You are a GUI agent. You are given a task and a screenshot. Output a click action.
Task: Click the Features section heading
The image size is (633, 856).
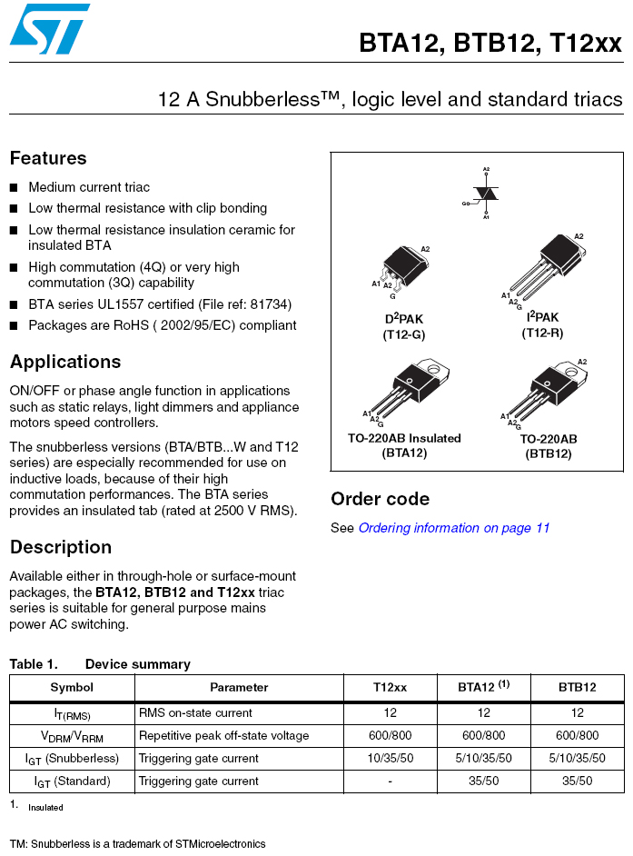coord(48,158)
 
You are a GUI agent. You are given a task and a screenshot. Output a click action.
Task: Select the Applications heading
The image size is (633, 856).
coord(65,362)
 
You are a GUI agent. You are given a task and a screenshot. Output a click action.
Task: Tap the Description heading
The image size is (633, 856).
coord(61,547)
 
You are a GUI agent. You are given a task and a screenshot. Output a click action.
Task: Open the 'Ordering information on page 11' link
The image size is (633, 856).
coord(454,528)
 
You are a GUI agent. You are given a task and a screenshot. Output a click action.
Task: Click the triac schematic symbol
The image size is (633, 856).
coord(486,194)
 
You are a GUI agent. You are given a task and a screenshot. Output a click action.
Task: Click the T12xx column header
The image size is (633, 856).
coord(391,688)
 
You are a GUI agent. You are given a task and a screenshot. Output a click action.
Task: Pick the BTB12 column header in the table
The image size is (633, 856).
coord(578,688)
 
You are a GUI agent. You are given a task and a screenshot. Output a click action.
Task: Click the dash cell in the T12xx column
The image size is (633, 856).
coord(391,781)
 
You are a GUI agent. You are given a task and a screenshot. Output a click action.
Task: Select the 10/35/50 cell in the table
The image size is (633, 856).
coord(391,759)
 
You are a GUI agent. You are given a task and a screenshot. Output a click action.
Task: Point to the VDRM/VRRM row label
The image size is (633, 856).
coord(72,736)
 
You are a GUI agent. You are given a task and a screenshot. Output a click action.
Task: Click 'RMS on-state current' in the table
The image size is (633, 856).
coord(195,713)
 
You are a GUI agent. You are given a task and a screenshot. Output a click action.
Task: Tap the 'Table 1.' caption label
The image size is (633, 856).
coord(34,664)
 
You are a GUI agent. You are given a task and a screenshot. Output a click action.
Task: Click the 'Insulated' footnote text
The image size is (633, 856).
coord(45,807)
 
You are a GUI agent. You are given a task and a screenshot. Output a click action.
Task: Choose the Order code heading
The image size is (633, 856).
coord(380,499)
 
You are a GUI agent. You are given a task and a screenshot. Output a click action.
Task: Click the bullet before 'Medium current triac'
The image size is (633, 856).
coord(14,188)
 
